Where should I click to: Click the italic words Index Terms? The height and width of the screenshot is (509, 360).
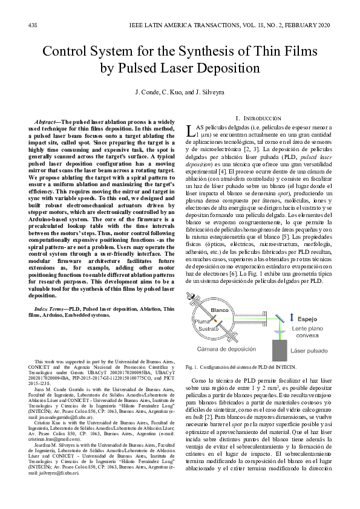49,308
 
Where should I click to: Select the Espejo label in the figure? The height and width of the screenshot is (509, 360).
307,318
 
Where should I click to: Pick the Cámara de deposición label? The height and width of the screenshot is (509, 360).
226,349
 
